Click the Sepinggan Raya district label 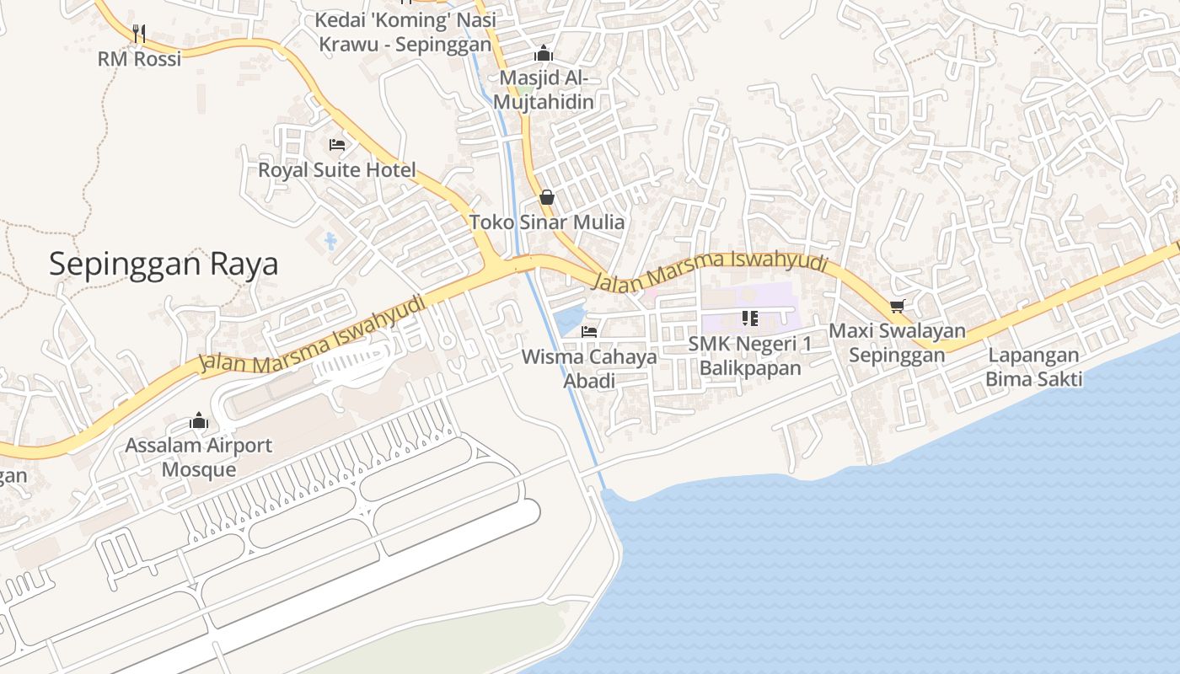pyautogui.click(x=164, y=265)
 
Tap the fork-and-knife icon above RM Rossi pyautogui.click(x=140, y=34)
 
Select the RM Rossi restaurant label pyautogui.click(x=140, y=59)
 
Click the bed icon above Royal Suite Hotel pyautogui.click(x=337, y=145)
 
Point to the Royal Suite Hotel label pyautogui.click(x=337, y=170)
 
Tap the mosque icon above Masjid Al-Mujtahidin pyautogui.click(x=544, y=53)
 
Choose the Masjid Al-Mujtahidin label pyautogui.click(x=544, y=90)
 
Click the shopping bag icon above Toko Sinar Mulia pyautogui.click(x=547, y=197)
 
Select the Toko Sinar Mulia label pyautogui.click(x=547, y=222)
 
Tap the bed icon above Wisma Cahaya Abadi pyautogui.click(x=589, y=332)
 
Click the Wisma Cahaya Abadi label pyautogui.click(x=589, y=368)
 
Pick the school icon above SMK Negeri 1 pyautogui.click(x=750, y=318)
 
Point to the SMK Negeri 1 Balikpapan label pyautogui.click(x=750, y=356)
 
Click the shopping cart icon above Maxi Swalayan pyautogui.click(x=897, y=306)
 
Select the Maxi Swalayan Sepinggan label pyautogui.click(x=897, y=343)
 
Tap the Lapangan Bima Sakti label pyautogui.click(x=1034, y=367)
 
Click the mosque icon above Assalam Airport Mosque pyautogui.click(x=199, y=420)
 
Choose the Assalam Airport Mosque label pyautogui.click(x=199, y=457)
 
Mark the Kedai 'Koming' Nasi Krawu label pyautogui.click(x=405, y=31)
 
